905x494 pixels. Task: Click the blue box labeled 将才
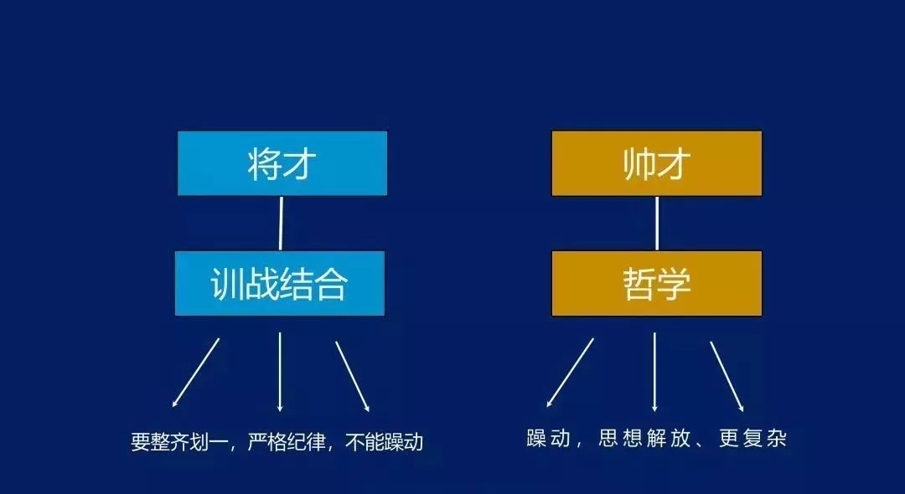[282, 163]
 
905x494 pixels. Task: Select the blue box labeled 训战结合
[280, 283]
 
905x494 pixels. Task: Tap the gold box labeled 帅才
[657, 163]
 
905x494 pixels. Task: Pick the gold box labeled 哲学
[657, 283]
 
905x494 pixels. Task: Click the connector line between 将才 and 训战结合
[281, 223]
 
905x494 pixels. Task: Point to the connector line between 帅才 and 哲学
[657, 223]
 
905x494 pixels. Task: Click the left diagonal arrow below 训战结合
[195, 373]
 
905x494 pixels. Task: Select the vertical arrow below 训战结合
[280, 372]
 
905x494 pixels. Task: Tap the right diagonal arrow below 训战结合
[353, 377]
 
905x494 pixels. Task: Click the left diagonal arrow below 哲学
[570, 373]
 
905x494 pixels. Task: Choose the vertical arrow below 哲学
[654, 372]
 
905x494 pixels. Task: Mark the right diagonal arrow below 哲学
[727, 377]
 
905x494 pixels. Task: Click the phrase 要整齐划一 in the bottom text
[180, 442]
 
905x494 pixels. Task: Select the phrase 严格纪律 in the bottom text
[287, 442]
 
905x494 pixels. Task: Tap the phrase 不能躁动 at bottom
[384, 442]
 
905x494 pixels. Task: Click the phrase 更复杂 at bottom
[752, 439]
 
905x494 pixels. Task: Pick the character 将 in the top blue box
[264, 164]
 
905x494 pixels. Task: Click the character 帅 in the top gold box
[639, 164]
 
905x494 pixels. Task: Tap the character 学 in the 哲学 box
[674, 284]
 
